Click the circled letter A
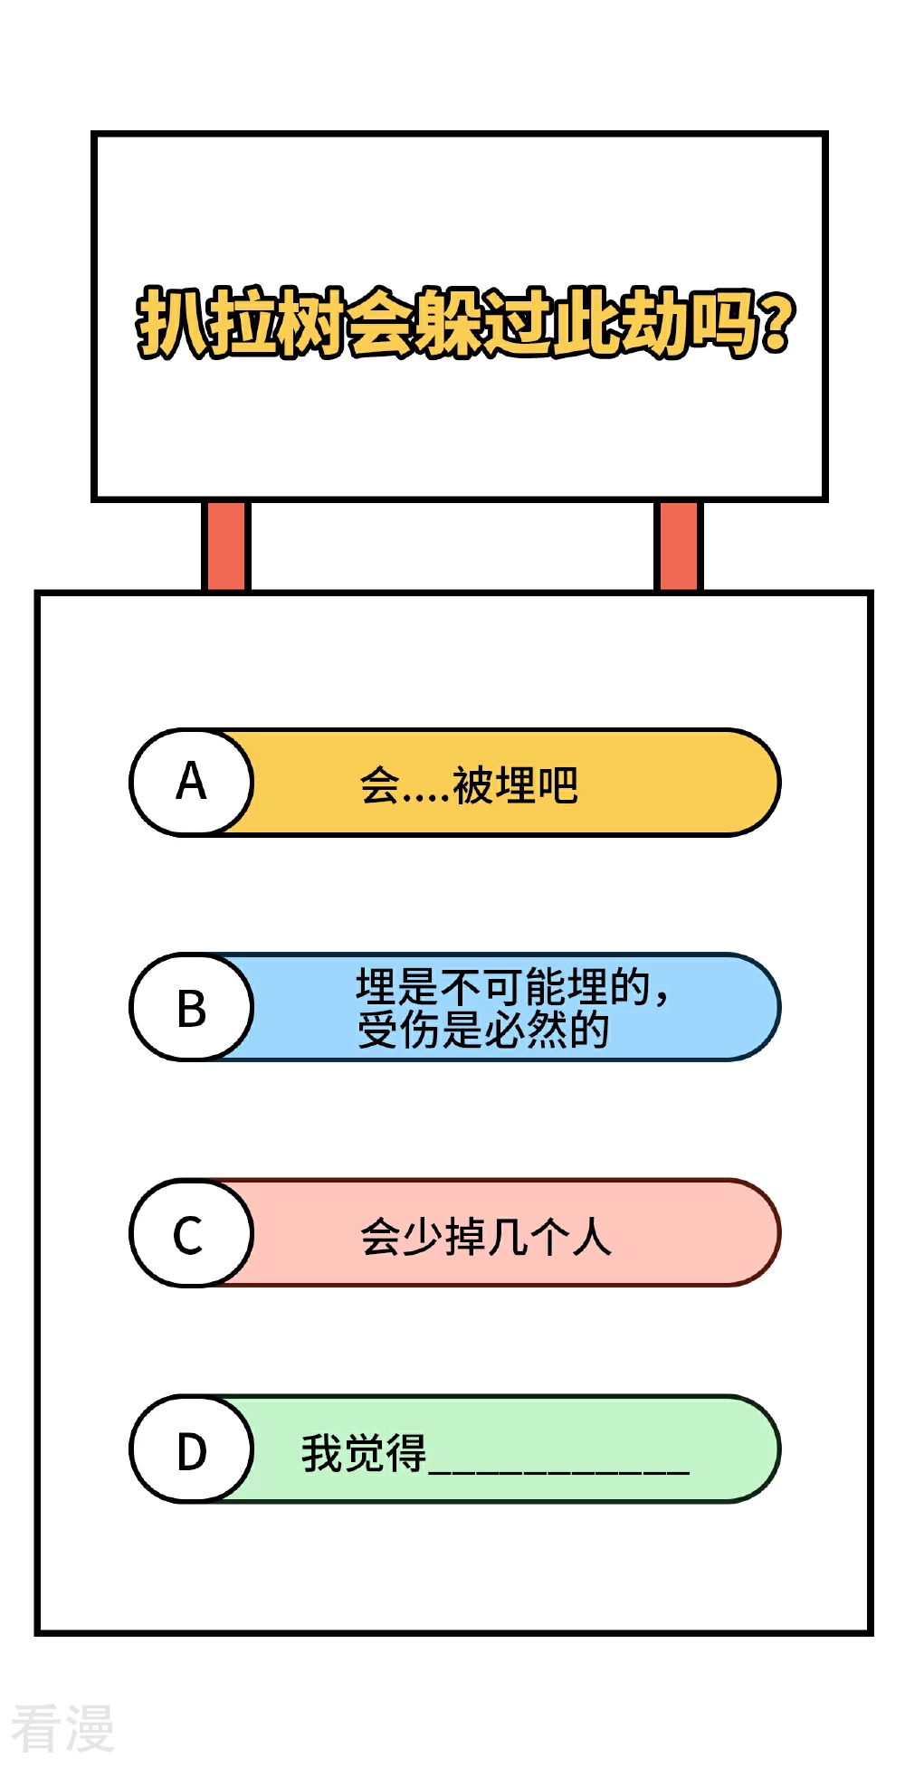point(191,782)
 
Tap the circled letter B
point(191,1007)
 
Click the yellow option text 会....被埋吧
point(469,784)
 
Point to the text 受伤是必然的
point(483,1030)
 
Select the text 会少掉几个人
point(486,1237)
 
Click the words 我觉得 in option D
point(364,1453)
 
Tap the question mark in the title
point(777,323)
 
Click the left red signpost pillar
point(225,546)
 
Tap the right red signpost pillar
point(678,546)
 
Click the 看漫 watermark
point(62,1728)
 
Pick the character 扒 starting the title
point(172,323)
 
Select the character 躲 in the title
point(450,323)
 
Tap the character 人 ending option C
point(592,1237)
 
